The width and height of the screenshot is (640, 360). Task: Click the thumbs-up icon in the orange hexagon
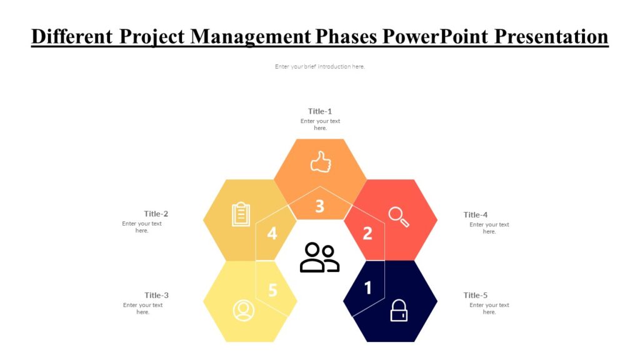click(321, 162)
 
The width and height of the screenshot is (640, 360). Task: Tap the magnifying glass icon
click(399, 216)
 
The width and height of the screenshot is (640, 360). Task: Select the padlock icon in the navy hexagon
click(399, 311)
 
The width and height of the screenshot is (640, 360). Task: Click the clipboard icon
click(241, 214)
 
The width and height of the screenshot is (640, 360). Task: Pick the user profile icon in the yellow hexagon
click(243, 310)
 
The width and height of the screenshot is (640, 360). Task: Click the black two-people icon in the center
click(319, 257)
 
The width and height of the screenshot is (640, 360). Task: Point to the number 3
click(319, 206)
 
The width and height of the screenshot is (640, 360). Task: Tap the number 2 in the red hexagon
click(367, 233)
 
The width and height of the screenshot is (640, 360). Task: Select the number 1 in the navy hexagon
click(367, 287)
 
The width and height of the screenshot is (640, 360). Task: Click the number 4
click(272, 233)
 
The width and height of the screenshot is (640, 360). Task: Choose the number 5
click(272, 290)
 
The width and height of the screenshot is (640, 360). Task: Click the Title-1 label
click(320, 111)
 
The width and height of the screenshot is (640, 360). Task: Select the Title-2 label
click(156, 214)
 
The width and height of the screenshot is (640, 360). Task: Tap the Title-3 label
click(157, 295)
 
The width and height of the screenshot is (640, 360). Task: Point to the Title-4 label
click(476, 215)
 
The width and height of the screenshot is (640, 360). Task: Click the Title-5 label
click(476, 295)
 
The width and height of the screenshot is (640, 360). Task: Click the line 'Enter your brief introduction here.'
click(320, 67)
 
